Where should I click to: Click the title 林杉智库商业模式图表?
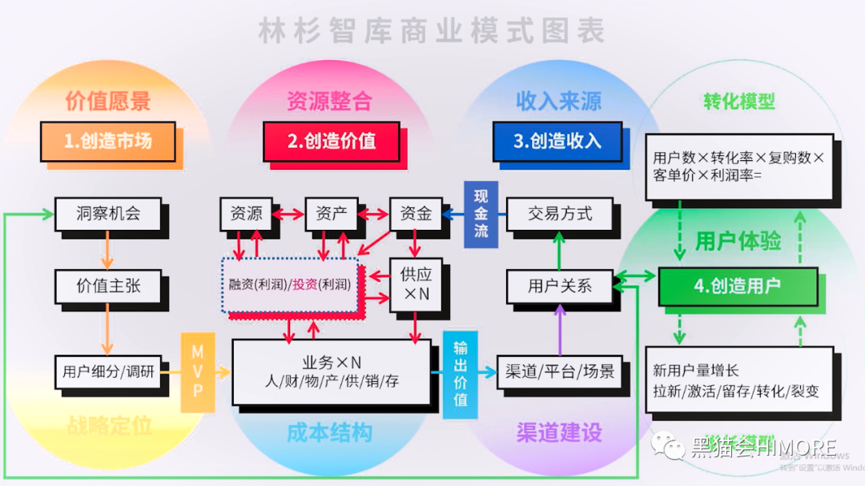pyautogui.click(x=432, y=30)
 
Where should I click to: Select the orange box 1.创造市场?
pyautogui.click(x=108, y=141)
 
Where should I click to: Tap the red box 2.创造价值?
pyautogui.click(x=332, y=141)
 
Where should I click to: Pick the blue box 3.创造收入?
pyautogui.click(x=557, y=141)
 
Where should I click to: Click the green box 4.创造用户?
pyautogui.click(x=738, y=286)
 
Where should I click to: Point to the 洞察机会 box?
pyautogui.click(x=108, y=214)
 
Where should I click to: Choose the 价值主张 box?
pyautogui.click(x=108, y=286)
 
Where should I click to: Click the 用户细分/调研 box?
pyautogui.click(x=108, y=372)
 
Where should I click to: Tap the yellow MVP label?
pyautogui.click(x=197, y=372)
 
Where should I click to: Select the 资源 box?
pyautogui.click(x=246, y=214)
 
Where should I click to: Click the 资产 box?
pyautogui.click(x=331, y=214)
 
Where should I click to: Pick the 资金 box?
pyautogui.click(x=416, y=214)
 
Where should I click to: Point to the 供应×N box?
pyautogui.click(x=416, y=284)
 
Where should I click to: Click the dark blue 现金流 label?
pyautogui.click(x=481, y=214)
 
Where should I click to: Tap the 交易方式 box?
pyautogui.click(x=560, y=214)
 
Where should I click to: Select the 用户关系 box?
pyautogui.click(x=560, y=286)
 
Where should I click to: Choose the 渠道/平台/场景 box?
pyautogui.click(x=560, y=372)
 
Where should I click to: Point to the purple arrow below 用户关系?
pyautogui.click(x=560, y=330)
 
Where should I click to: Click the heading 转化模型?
pyautogui.click(x=739, y=102)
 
